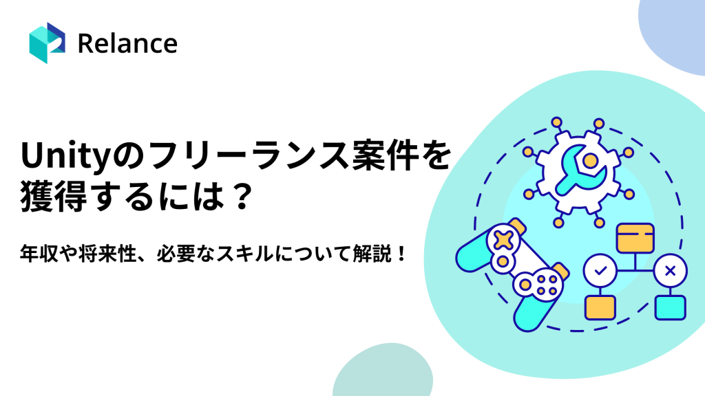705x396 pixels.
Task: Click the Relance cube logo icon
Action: coord(47,43)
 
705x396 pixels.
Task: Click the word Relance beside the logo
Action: coord(127,43)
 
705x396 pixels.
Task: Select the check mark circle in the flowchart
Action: coord(599,271)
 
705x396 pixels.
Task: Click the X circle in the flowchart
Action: coord(669,271)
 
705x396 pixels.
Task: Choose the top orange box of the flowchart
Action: coord(634,238)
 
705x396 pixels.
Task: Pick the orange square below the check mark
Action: coord(599,306)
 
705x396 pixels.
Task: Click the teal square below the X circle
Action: coord(669,306)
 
